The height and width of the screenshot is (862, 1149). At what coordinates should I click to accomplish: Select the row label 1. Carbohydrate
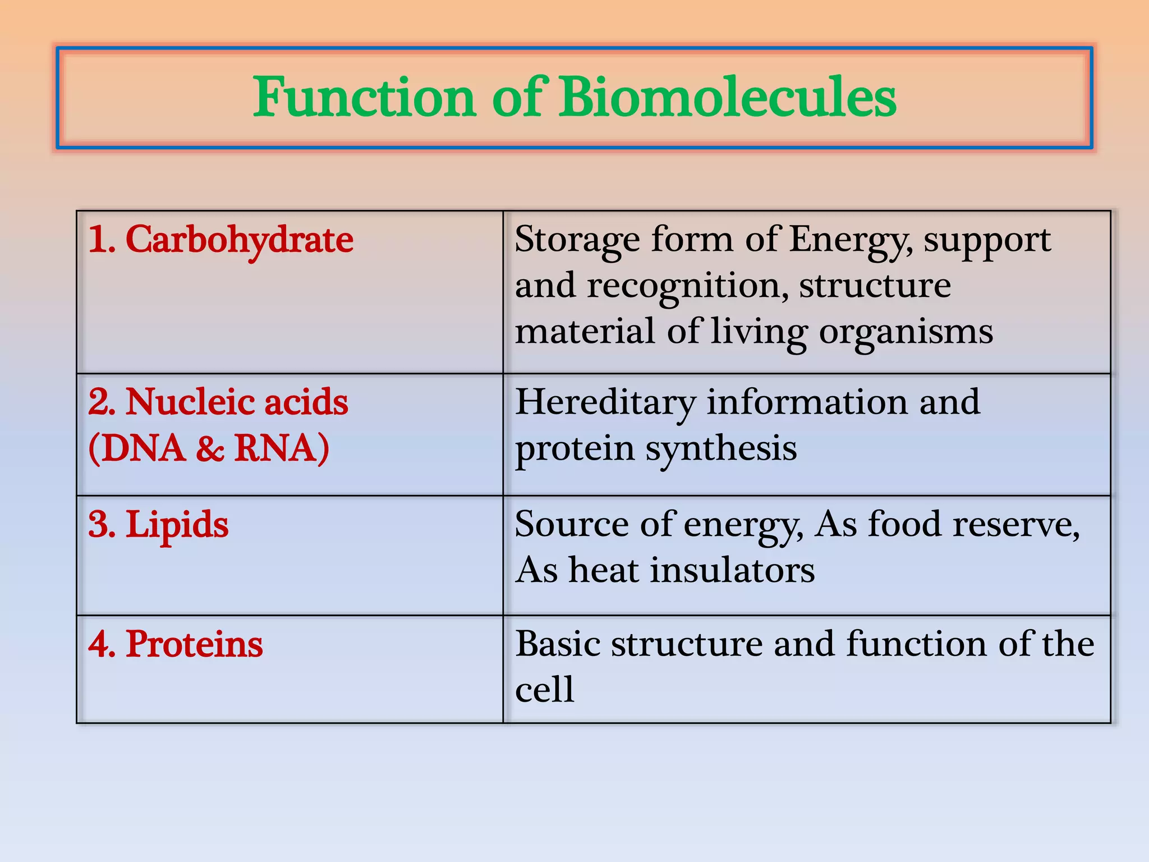tap(221, 240)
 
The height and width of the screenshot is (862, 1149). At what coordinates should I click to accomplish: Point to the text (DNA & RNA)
tap(209, 448)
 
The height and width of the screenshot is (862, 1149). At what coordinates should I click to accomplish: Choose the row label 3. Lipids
tap(159, 525)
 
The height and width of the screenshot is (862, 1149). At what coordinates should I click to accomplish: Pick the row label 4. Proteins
tap(176, 644)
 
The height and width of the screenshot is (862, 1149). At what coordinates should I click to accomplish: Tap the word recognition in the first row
tap(683, 285)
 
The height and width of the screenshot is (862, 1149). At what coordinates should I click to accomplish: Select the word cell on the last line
tap(544, 690)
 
